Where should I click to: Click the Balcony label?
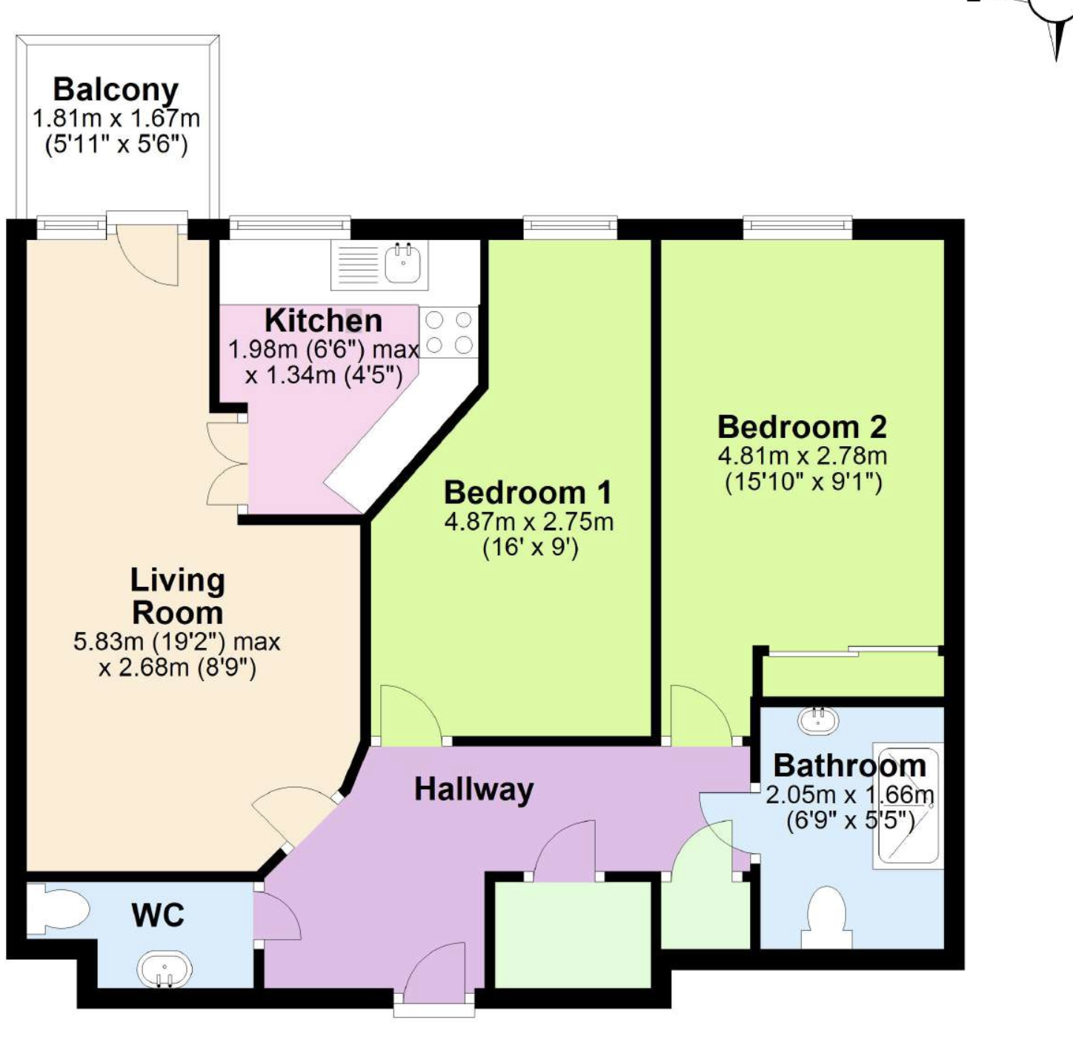click(x=116, y=90)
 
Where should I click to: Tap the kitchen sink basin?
click(x=403, y=264)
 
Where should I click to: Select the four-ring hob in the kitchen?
click(x=449, y=332)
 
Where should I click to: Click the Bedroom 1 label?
click(x=528, y=492)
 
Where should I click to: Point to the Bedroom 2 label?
click(x=803, y=427)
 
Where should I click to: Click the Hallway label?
click(x=474, y=789)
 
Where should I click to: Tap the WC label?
click(x=159, y=916)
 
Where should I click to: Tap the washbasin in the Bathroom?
click(x=817, y=720)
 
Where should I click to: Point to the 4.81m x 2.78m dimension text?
click(x=803, y=456)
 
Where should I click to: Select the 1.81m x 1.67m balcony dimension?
click(x=116, y=119)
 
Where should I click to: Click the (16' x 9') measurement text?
click(x=530, y=548)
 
